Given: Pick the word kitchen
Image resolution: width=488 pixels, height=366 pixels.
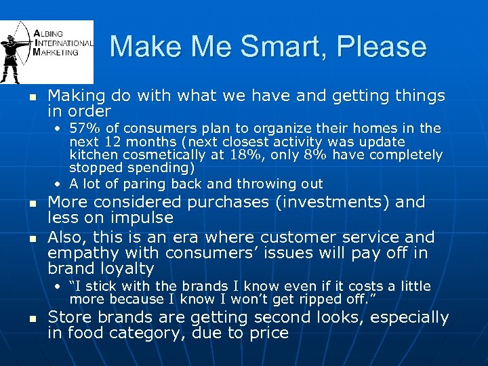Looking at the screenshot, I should pyautogui.click(x=91, y=155).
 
